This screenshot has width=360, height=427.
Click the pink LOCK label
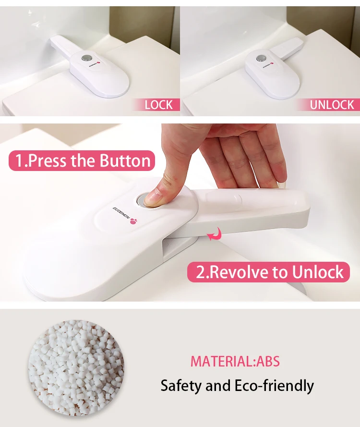[157, 105]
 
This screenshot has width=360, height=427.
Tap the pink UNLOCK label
[329, 105]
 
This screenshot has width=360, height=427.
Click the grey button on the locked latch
[86, 58]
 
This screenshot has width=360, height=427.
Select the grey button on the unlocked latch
[260, 58]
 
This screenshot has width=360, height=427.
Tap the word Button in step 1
[125, 160]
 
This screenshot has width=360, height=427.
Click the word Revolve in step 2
[237, 272]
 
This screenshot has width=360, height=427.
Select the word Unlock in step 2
[318, 272]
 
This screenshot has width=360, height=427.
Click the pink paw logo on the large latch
[133, 221]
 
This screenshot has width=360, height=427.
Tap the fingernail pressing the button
[152, 198]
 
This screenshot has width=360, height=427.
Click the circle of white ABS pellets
[76, 368]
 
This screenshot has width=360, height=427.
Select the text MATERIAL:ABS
[235, 361]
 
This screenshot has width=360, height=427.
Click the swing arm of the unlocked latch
[287, 49]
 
